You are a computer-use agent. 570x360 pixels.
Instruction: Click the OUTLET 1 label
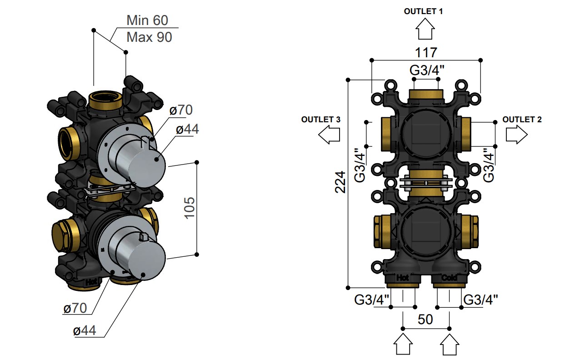coord(424,11)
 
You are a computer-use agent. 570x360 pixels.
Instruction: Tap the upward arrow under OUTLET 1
coord(425,29)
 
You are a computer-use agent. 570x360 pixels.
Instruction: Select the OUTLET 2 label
coord(522,120)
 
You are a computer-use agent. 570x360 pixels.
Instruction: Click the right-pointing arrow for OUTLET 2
coord(516,135)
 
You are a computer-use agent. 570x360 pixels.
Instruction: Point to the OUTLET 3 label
coord(320,120)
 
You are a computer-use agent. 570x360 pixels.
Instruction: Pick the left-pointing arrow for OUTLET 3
coord(329,135)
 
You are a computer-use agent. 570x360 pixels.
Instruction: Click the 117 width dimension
coord(426,53)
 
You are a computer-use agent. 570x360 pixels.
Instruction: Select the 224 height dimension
coord(340,182)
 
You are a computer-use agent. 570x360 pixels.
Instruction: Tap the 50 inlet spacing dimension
coord(425,320)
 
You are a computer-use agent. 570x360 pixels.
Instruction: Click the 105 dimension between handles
coord(190,208)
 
